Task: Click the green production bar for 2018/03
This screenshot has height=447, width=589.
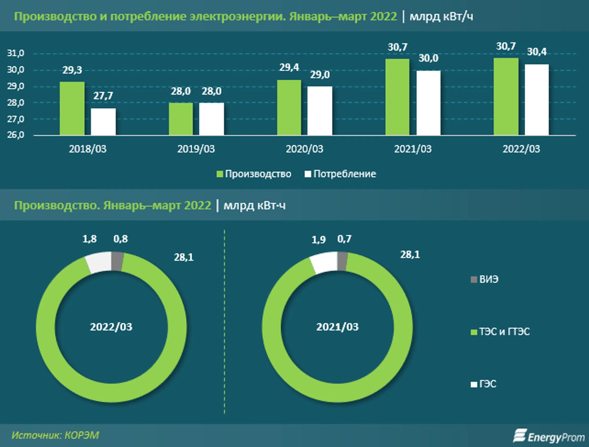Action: [x=72, y=108]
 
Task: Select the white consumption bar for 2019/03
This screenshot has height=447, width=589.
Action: [x=211, y=119]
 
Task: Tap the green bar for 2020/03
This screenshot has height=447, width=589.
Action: [x=289, y=107]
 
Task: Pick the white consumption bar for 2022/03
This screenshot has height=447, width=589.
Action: [x=537, y=100]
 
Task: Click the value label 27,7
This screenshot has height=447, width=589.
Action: [x=103, y=96]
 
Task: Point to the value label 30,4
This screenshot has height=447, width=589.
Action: [x=537, y=52]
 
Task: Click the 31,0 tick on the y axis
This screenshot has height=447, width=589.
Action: [x=16, y=53]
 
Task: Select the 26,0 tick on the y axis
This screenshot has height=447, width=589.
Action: [x=16, y=135]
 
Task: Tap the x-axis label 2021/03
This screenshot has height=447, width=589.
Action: [x=413, y=149]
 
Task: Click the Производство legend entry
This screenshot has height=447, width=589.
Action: [x=254, y=174]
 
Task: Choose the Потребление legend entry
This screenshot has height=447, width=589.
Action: [x=341, y=174]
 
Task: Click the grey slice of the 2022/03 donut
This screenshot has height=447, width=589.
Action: [x=118, y=261]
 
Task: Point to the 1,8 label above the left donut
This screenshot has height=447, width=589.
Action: [x=89, y=239]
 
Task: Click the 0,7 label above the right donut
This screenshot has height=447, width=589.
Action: [x=344, y=239]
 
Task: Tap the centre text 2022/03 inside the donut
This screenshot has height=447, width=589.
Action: [x=111, y=327]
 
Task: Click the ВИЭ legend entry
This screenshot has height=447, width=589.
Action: [x=485, y=279]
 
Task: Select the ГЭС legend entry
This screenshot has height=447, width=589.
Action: [x=484, y=384]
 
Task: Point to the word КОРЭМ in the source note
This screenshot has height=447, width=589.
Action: [x=82, y=435]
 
